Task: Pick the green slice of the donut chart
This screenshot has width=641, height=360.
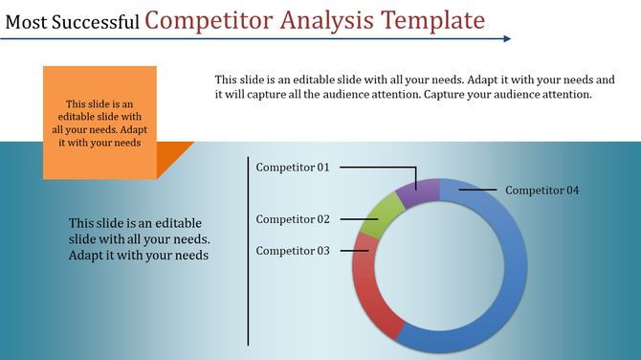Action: [x=379, y=216]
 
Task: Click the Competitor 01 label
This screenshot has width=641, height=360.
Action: [x=293, y=168]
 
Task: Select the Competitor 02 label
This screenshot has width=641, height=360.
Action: [x=293, y=219]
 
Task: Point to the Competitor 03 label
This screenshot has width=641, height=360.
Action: [x=293, y=251]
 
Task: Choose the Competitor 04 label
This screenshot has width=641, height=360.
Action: [x=542, y=190]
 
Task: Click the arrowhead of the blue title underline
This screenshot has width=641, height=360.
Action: [x=506, y=39]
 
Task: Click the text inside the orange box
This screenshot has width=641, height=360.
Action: [x=99, y=123]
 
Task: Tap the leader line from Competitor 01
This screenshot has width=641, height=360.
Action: [x=378, y=168]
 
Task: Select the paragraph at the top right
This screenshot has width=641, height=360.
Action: [x=414, y=87]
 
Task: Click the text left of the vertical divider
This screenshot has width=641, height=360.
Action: [x=140, y=239]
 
